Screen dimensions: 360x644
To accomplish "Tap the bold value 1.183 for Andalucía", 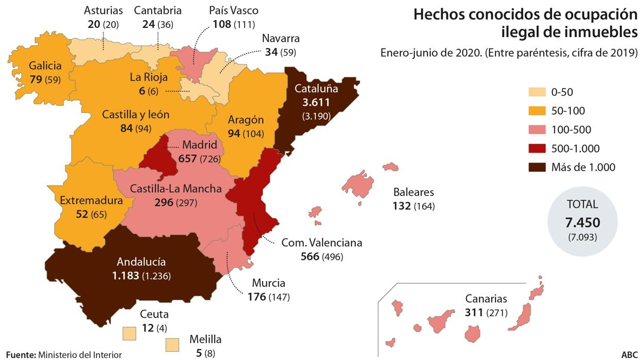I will [125, 276].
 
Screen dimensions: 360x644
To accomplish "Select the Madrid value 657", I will [188, 158].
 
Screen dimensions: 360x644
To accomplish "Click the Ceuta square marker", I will [130, 333].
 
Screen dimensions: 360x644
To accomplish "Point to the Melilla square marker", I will [172, 344].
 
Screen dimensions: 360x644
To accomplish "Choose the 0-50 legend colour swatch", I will [537, 92].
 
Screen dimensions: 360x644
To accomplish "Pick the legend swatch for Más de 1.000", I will [537, 167].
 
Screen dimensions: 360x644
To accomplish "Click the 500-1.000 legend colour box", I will [537, 149].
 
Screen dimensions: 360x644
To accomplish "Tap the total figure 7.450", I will [583, 223].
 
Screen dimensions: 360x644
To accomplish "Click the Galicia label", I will [45, 66].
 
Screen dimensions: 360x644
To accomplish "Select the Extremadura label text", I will [91, 201].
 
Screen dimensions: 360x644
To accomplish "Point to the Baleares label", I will [413, 192].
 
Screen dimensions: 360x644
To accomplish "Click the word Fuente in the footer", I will [20, 355].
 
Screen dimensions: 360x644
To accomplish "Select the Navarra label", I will [281, 39].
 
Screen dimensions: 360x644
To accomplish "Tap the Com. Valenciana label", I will [321, 242].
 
